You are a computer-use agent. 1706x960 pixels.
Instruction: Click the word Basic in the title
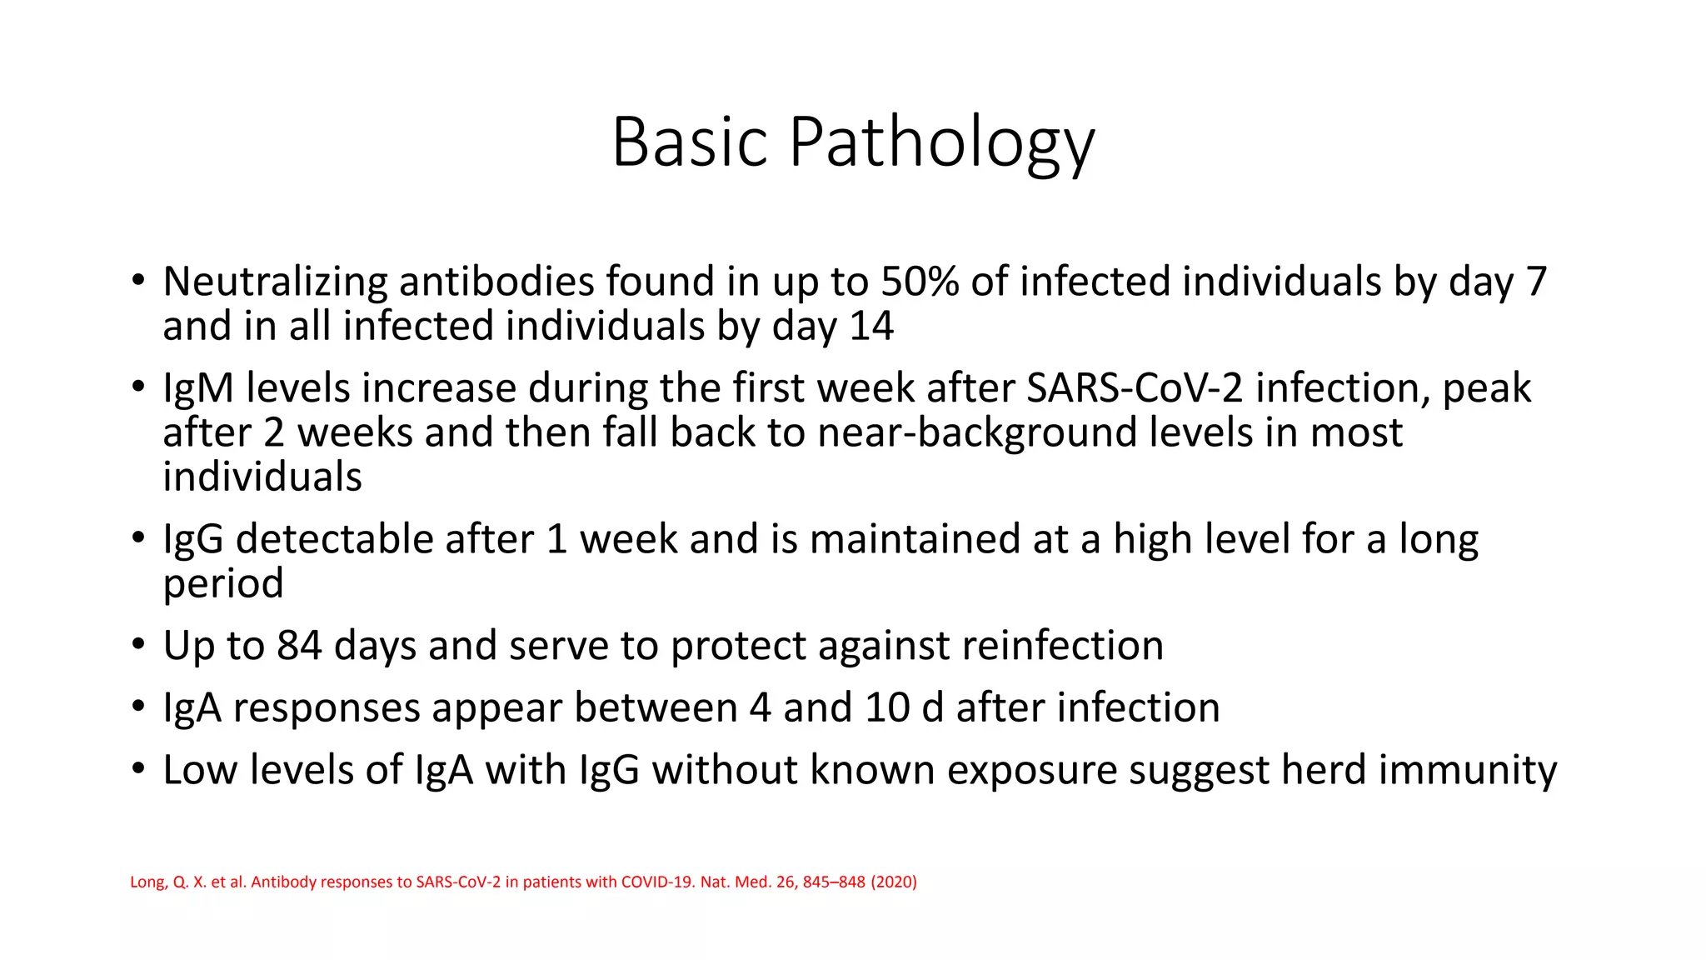click(689, 142)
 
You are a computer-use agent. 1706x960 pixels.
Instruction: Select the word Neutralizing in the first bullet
click(274, 282)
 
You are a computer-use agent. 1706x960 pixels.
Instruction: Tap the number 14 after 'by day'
click(871, 326)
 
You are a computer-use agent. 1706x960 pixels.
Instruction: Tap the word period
click(222, 583)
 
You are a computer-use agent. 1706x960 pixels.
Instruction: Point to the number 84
click(299, 646)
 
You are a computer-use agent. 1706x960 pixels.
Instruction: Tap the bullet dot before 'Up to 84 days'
click(138, 645)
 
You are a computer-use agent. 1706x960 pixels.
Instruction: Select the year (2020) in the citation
click(894, 882)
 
